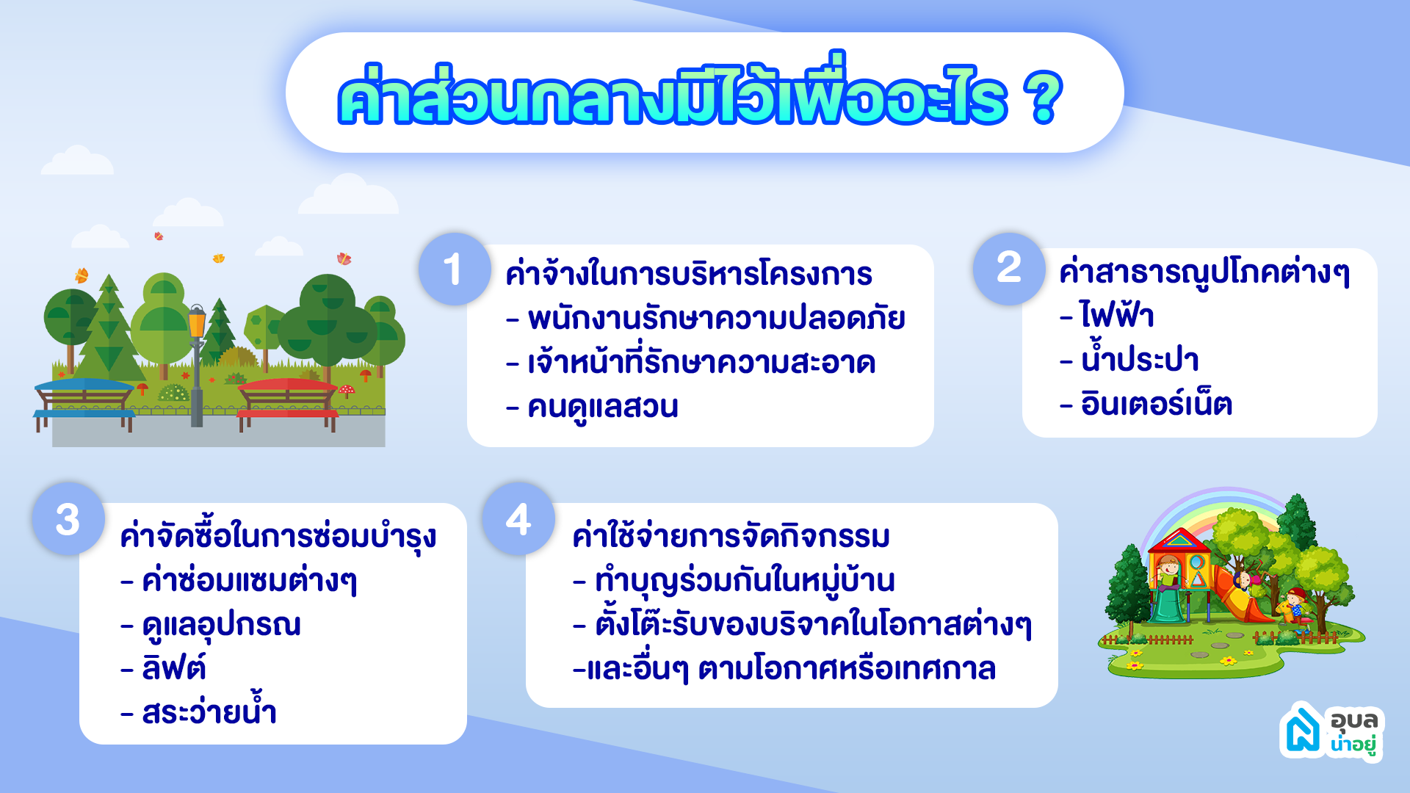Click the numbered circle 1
[x=455, y=269]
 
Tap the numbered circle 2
[x=1009, y=269]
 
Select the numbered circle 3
[x=68, y=518]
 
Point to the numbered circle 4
[x=518, y=518]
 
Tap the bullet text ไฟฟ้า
[x=1117, y=316]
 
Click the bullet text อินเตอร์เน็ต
[x=1157, y=403]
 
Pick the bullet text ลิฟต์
[x=174, y=667]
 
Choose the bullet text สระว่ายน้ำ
[x=209, y=710]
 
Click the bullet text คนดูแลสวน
[x=603, y=407]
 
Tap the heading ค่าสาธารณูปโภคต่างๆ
[x=1204, y=272]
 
